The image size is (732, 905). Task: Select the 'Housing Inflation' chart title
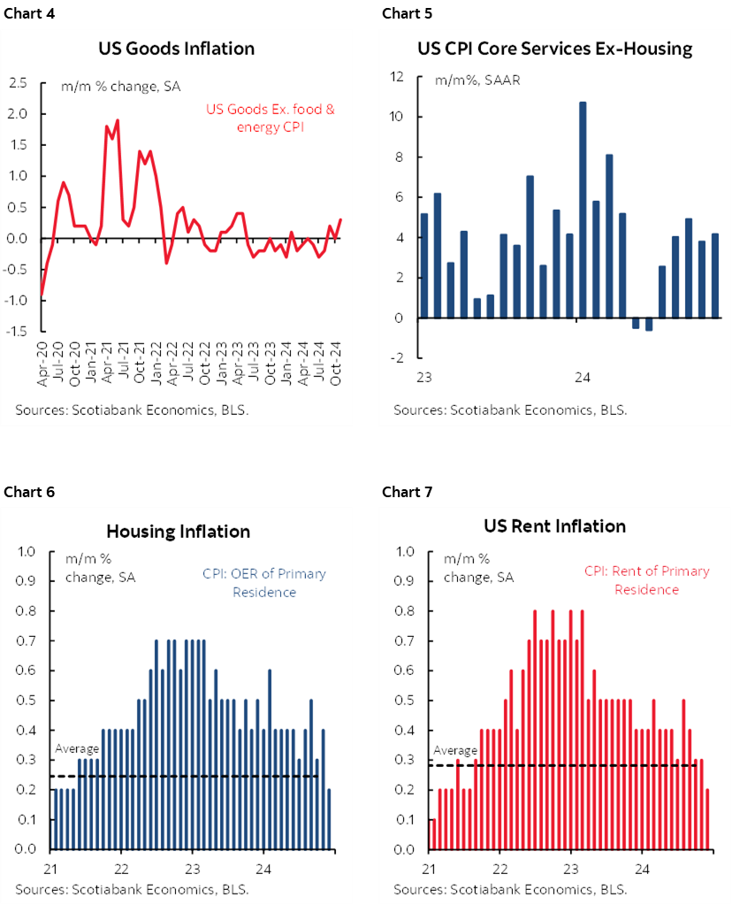178,532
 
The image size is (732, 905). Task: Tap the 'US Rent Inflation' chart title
554,526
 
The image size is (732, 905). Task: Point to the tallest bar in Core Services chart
582,210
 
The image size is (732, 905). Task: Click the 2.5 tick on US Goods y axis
19,83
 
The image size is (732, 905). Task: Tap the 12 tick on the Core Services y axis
397,77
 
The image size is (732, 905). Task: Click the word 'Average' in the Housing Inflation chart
77,748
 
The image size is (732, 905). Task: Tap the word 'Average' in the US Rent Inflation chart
454,750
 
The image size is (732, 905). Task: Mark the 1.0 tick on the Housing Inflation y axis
27,552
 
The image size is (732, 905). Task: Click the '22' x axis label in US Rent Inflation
500,868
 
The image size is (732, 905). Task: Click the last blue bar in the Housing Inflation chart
329,818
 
